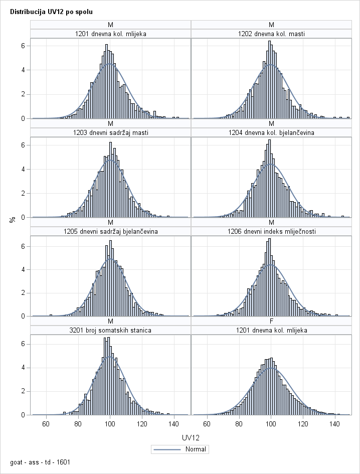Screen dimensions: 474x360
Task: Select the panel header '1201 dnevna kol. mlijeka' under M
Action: [x=111, y=34]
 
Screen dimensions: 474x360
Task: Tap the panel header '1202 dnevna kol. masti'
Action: [x=271, y=34]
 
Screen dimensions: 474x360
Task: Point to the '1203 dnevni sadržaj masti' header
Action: [x=111, y=132]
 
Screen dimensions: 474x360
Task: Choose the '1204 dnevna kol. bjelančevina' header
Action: [x=271, y=132]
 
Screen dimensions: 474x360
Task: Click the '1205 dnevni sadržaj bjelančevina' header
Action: [x=111, y=231]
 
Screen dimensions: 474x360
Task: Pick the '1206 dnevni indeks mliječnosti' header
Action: [x=271, y=231]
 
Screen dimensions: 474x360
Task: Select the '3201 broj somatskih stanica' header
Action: [x=111, y=330]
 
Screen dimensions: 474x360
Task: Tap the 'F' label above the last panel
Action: [x=271, y=321]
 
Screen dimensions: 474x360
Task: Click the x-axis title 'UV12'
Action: [x=191, y=438]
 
